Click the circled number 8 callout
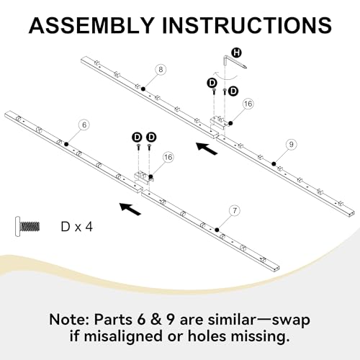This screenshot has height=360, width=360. (x=161, y=70)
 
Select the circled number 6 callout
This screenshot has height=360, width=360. (x=84, y=125)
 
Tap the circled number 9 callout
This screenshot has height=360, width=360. (x=291, y=144)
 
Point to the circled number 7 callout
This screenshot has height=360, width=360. (x=235, y=210)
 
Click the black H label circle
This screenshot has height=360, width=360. (x=237, y=53)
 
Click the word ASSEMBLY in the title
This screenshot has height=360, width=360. (x=91, y=25)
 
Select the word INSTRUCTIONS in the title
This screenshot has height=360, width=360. (x=247, y=25)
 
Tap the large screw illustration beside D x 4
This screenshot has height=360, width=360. (x=27, y=226)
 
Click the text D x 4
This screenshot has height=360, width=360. (x=77, y=227)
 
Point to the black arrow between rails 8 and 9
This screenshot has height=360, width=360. (x=207, y=148)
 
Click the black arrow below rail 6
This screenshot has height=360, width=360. (x=130, y=209)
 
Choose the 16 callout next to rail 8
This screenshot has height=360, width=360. (x=248, y=104)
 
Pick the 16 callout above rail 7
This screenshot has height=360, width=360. (x=168, y=157)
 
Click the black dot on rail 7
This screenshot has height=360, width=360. (x=217, y=230)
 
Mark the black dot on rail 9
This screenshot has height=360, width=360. (x=274, y=163)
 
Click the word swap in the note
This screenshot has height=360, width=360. (x=292, y=320)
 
